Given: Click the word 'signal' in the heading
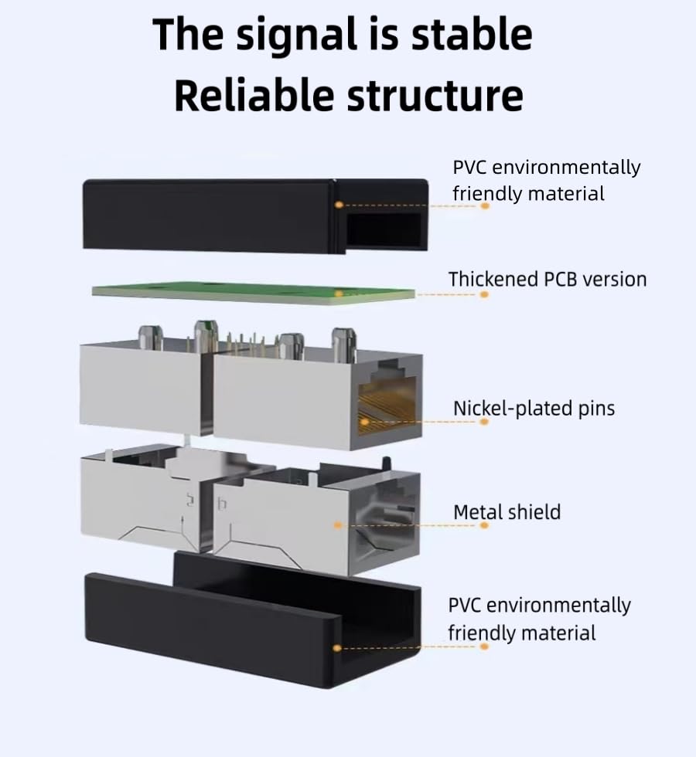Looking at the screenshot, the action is coord(295,36).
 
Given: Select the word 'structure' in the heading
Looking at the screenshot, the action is coord(435,96).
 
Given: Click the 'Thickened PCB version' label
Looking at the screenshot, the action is coord(548,280).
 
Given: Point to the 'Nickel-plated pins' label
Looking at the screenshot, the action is coord(534,409).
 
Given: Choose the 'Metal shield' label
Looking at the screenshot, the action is coord(507,512).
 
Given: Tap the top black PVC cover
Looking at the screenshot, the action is coord(255,216).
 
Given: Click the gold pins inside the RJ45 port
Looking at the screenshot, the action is coord(387,406).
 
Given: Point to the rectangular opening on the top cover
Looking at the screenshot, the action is coord(385,229).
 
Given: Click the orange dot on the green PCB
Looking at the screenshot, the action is coord(339,294).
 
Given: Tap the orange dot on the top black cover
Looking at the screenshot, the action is coord(339,205).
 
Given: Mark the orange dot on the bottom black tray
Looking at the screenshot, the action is coord(337,648).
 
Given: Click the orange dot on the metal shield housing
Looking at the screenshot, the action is coord(338,524).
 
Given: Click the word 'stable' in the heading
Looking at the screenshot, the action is coord(472,35).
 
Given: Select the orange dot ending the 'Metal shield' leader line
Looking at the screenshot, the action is coord(484,525).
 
